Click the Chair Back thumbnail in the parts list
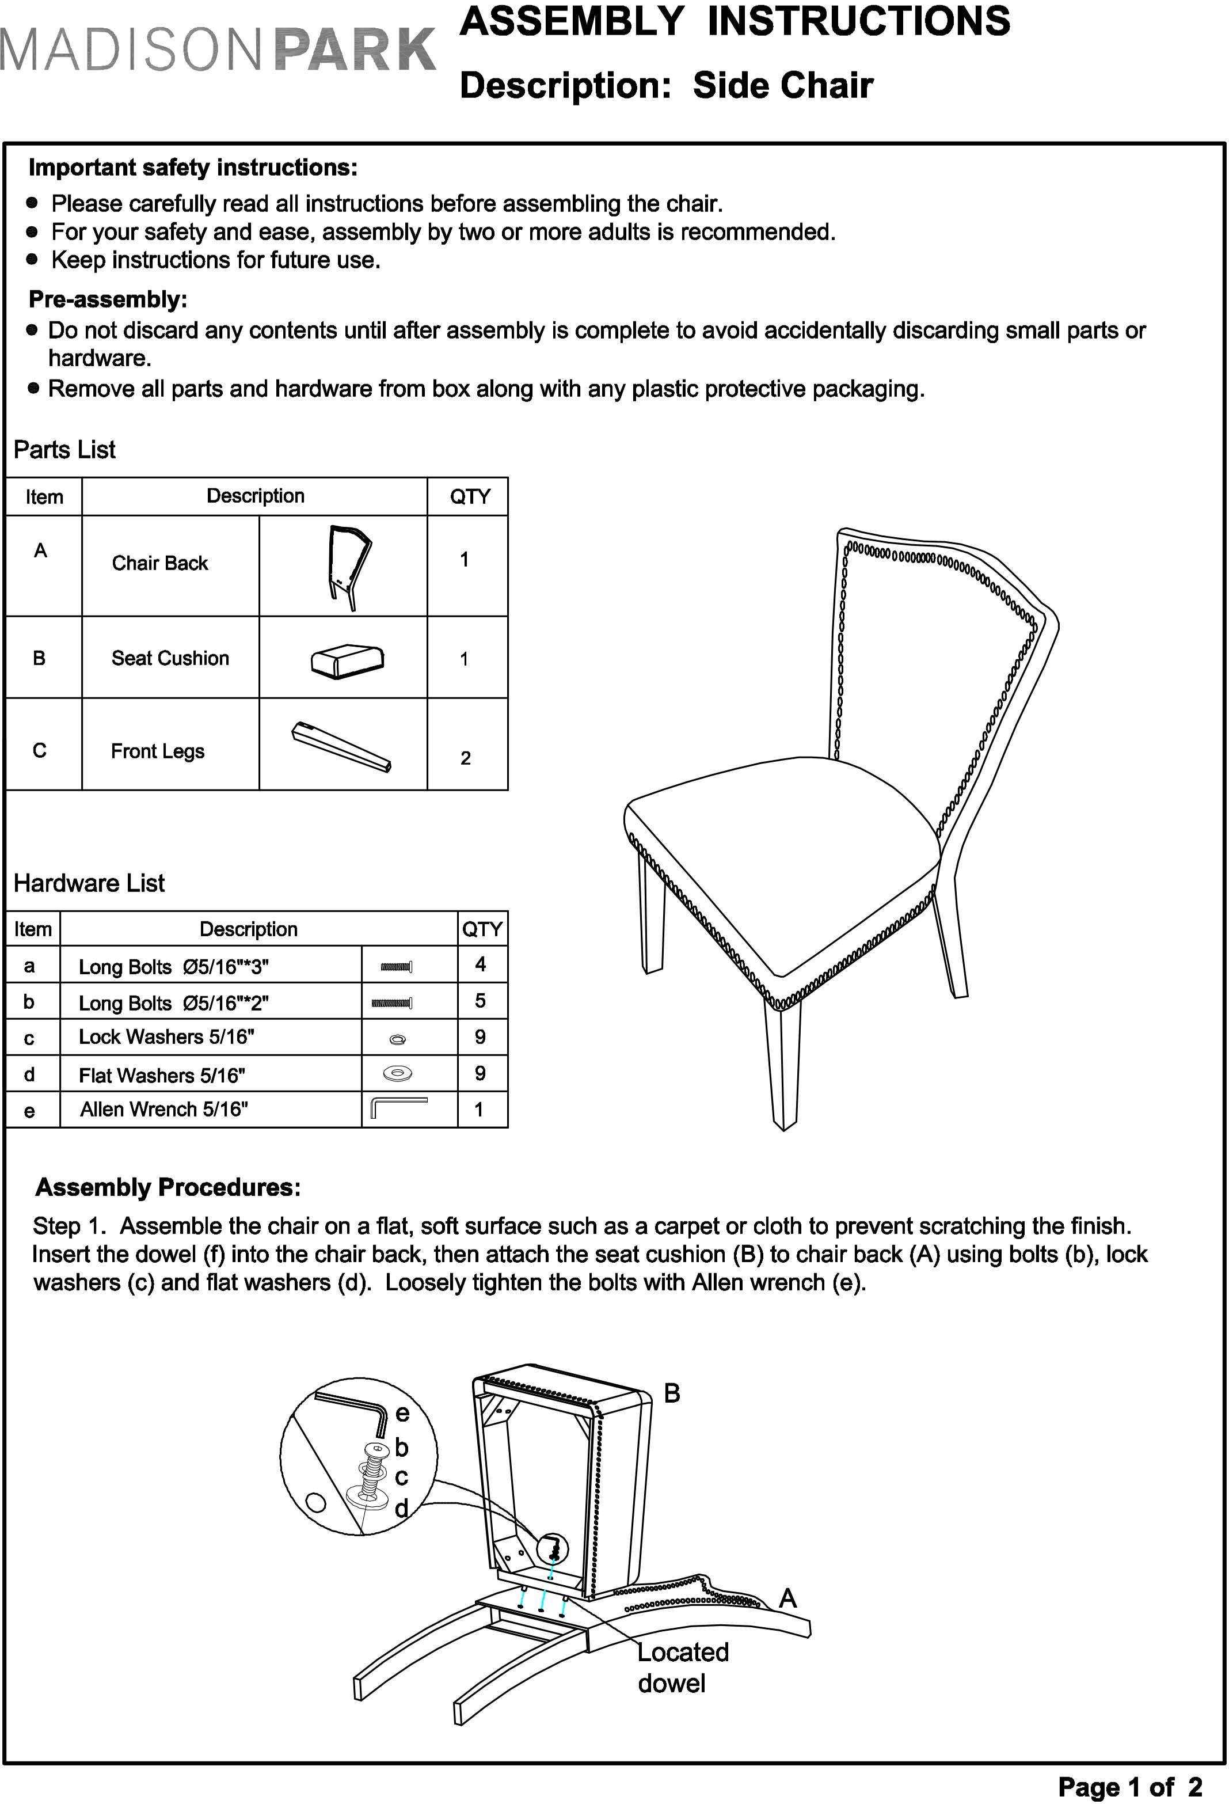[x=347, y=567]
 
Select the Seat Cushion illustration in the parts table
[x=347, y=660]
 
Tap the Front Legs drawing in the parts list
[x=341, y=747]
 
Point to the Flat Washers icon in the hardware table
[x=397, y=1073]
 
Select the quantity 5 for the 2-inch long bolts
[x=480, y=1001]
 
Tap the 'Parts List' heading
[x=64, y=450]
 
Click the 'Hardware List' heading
[x=89, y=883]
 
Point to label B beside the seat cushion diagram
[x=672, y=1393]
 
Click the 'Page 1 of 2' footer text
[x=1129, y=1786]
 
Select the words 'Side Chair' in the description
[x=782, y=85]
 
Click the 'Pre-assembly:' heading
[x=108, y=299]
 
